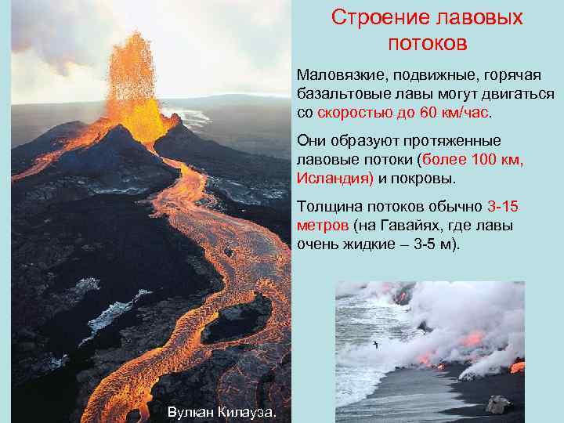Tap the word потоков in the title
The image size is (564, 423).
point(428,43)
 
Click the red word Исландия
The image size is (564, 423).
point(332,178)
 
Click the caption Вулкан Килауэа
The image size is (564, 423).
point(222,412)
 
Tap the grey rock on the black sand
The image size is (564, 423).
point(497,404)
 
